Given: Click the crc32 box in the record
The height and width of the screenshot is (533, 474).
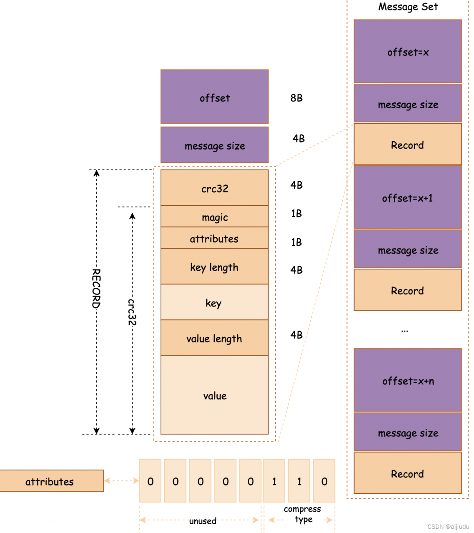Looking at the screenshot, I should tap(214, 188).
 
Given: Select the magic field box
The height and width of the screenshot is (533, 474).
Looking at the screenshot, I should tap(214, 217).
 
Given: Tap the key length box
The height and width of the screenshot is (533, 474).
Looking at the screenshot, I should tap(214, 266).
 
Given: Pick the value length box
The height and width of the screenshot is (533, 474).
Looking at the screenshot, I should tap(214, 338).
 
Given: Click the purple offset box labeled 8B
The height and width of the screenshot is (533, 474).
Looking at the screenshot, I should tap(214, 97).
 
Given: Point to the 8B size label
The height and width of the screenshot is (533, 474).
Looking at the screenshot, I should tap(296, 98).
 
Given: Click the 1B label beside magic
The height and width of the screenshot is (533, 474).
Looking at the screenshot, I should tap(296, 214).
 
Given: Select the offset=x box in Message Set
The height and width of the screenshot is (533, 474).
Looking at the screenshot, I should tap(407, 51).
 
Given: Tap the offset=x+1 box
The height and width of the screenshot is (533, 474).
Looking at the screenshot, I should tap(407, 197).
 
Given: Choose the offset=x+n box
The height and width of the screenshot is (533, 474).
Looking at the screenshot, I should tap(407, 380).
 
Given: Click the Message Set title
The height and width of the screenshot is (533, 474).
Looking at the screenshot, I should tap(408, 7).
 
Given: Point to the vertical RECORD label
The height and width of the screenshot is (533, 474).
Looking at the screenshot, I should tap(96, 288).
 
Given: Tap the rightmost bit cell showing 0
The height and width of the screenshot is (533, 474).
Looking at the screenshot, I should tap(324, 481).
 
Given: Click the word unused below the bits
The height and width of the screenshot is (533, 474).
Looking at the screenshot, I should tap(203, 521).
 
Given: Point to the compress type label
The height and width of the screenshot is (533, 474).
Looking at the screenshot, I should tap(303, 514).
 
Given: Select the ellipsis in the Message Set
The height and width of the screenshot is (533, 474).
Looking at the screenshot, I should tap(404, 331).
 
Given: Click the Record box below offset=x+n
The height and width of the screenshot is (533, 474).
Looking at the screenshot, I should tap(407, 473).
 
